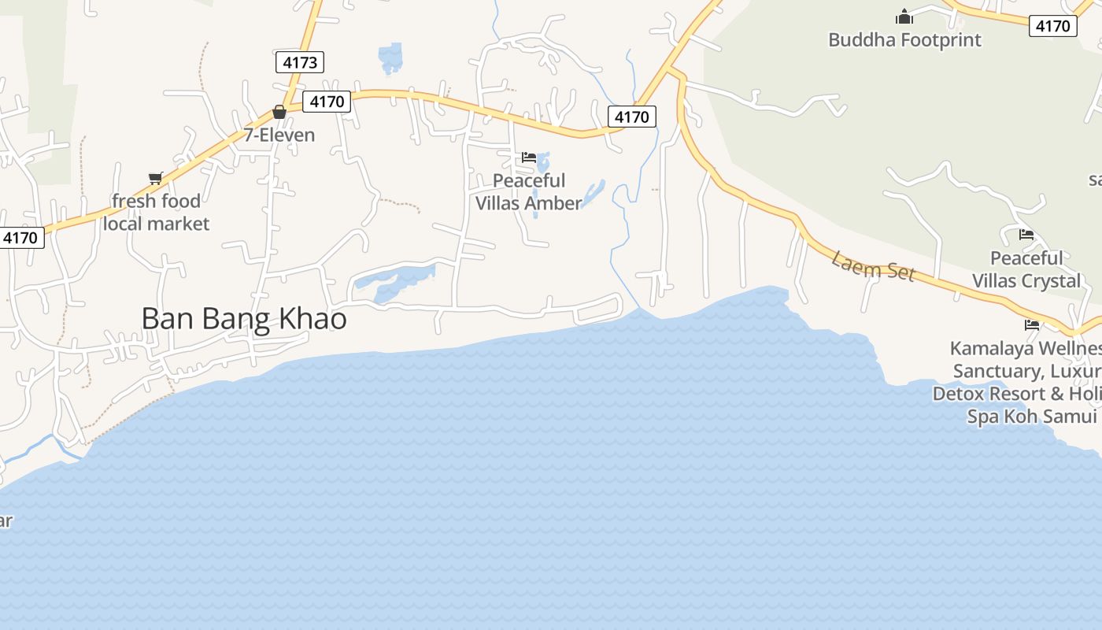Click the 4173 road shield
point(299,62)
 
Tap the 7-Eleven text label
point(279,135)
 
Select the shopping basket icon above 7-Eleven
point(279,112)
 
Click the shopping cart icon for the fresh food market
point(155,178)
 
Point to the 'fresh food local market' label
point(156,213)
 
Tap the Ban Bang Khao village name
point(244,318)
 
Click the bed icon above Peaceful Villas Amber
point(529,158)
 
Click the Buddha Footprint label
point(904,40)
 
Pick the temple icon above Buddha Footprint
point(904,17)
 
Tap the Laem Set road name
point(874,266)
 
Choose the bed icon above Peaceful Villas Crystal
point(1026,235)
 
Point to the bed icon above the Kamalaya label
point(1031,324)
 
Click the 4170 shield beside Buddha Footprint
point(1052,26)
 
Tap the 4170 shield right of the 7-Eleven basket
point(327,102)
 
